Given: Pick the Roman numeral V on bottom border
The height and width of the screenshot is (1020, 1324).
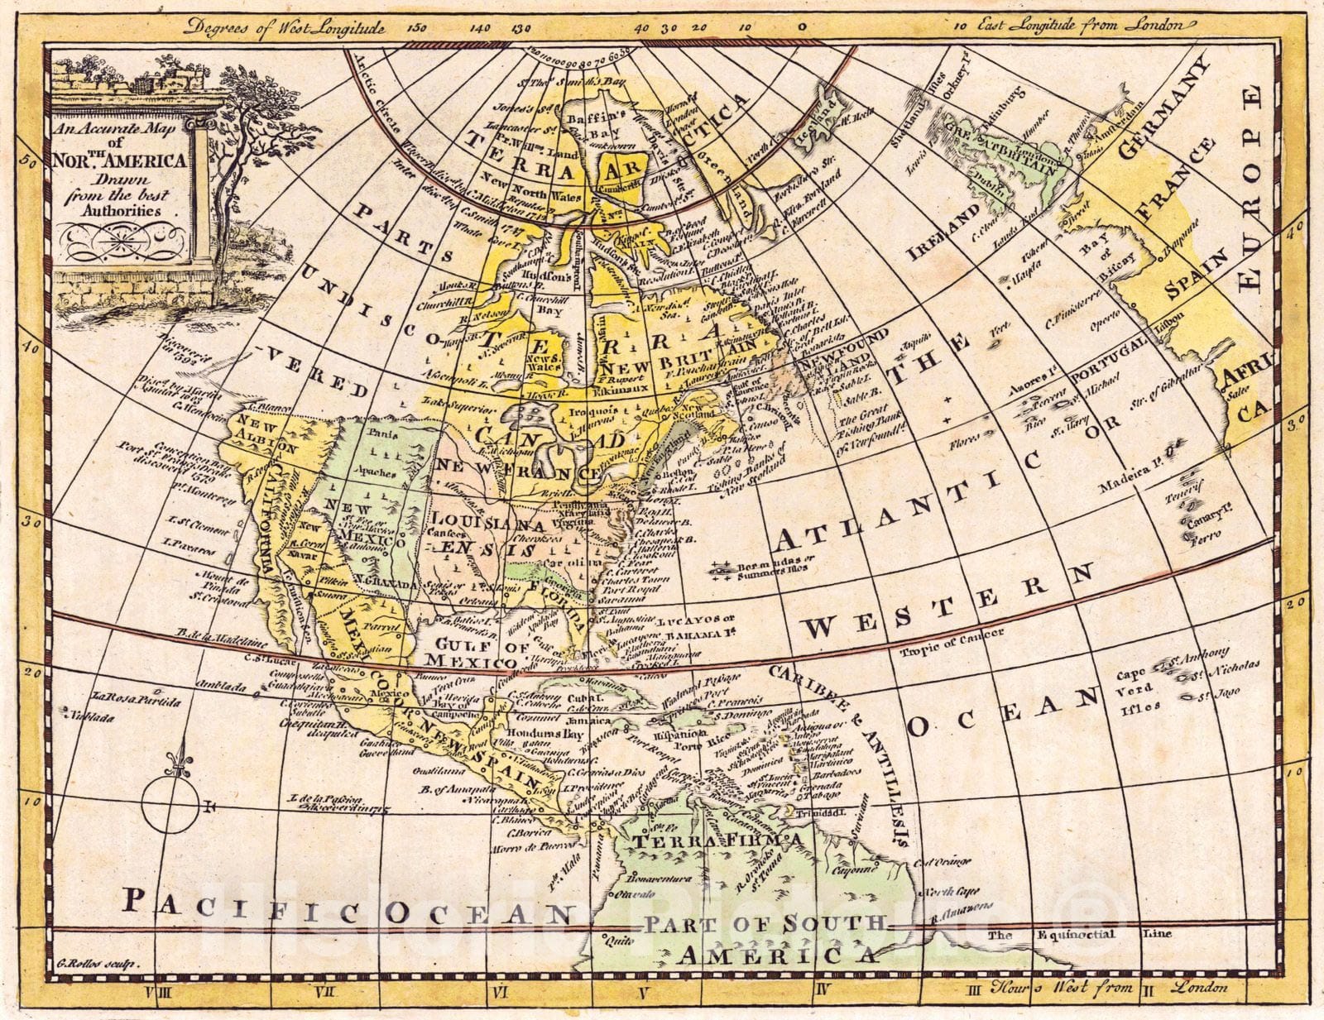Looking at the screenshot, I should (x=642, y=990).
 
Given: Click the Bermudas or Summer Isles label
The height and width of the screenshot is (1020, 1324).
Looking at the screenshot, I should (x=749, y=570).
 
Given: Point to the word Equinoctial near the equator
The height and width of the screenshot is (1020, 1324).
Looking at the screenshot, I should (x=1077, y=935).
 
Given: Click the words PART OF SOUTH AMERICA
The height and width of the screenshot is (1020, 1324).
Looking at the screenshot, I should (x=765, y=938).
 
